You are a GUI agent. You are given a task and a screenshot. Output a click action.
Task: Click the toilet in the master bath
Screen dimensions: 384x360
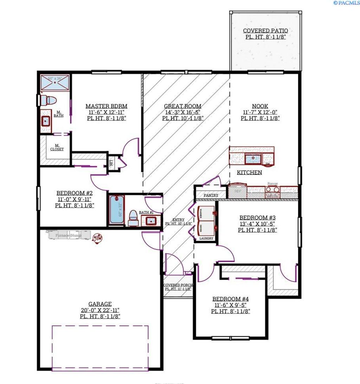tap(48, 100)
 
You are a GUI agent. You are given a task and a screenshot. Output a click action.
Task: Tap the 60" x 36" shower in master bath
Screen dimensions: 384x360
tap(54, 83)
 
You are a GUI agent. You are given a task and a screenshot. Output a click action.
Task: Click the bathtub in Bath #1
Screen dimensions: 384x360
tap(117, 210)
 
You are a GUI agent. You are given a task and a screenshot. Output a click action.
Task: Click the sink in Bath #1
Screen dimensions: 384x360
tap(152, 221)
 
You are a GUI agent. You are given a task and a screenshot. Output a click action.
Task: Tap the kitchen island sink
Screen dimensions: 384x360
tap(252, 159)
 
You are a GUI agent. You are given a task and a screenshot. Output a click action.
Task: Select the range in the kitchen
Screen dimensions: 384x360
tap(272, 192)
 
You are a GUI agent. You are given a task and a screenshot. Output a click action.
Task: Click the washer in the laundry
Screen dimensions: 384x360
tap(206, 213)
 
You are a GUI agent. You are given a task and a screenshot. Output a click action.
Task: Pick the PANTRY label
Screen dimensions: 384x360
tap(211, 195)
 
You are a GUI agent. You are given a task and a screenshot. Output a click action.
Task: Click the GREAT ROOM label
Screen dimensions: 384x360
tap(183, 106)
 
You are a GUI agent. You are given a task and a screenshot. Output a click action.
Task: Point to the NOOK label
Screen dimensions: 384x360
tap(260, 106)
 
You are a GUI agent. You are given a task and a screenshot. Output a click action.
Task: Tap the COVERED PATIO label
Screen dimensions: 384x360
tap(265, 31)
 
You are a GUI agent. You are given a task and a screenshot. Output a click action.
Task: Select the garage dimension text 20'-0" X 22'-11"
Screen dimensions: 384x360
tap(100, 310)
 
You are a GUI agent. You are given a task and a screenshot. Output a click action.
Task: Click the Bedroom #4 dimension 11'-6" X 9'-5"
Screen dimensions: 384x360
tap(231, 305)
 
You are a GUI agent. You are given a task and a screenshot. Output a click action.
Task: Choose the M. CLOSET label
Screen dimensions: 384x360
tap(57, 147)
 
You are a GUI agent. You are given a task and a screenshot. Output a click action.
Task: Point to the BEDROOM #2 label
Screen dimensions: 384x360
tap(75, 193)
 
